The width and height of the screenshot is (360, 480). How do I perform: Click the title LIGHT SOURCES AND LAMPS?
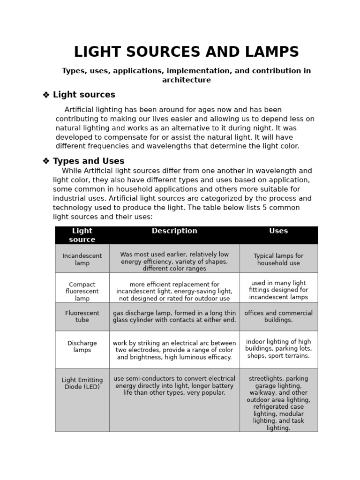click(x=186, y=52)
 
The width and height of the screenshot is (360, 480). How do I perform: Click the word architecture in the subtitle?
click(x=186, y=80)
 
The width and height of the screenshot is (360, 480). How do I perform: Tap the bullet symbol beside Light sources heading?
click(x=46, y=95)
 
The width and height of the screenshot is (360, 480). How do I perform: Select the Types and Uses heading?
click(x=89, y=161)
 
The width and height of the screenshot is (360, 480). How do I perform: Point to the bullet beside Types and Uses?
click(x=46, y=161)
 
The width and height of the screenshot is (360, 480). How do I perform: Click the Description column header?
click(x=174, y=231)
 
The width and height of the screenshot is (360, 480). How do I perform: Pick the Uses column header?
click(x=278, y=231)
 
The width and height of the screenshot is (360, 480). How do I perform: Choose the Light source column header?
click(x=82, y=235)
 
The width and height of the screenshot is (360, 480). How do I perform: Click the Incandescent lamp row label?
click(x=82, y=259)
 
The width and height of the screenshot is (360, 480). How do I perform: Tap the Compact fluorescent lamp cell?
click(x=82, y=291)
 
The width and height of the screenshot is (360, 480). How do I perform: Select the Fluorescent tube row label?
click(x=82, y=316)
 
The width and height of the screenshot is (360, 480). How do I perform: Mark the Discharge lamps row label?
click(x=82, y=346)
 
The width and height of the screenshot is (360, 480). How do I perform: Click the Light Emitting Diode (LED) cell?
click(x=82, y=383)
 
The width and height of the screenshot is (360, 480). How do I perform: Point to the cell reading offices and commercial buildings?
click(x=278, y=316)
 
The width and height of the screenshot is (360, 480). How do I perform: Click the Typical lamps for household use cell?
click(x=278, y=259)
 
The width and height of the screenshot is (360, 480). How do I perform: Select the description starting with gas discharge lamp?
click(x=174, y=316)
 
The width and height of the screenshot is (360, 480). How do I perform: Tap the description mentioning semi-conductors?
click(x=174, y=385)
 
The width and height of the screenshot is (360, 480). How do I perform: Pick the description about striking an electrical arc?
click(x=174, y=350)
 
